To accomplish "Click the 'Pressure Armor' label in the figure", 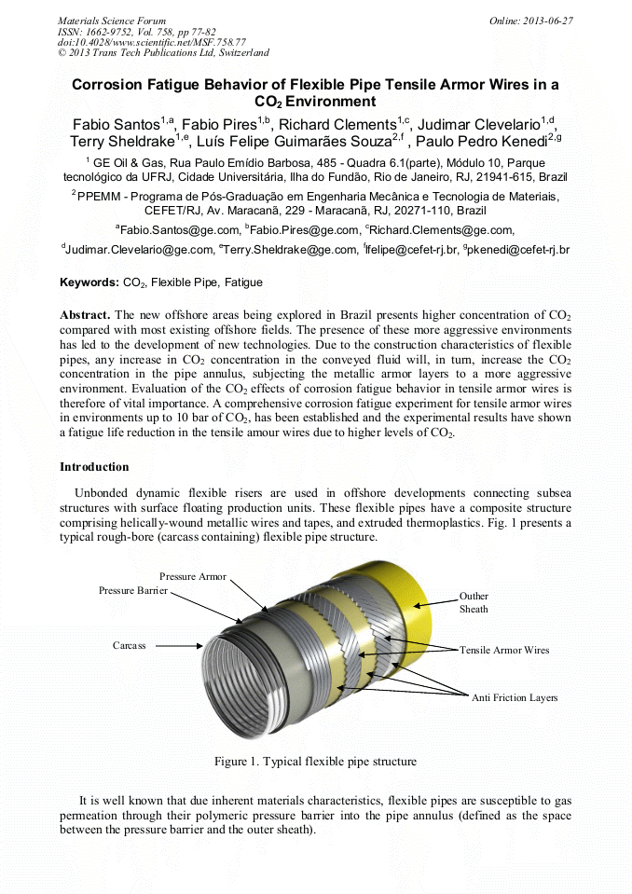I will pos(192,577).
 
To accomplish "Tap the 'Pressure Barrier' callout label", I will pos(132,591).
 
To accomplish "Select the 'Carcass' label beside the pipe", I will pos(129,645).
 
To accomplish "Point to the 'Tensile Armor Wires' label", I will pos(504,650).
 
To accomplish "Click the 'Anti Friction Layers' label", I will pos(515,697).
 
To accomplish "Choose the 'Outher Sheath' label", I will pos(474,602).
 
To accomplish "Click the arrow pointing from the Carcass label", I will pos(182,645).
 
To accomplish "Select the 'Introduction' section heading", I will pos(94,466).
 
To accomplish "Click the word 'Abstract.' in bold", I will pos(86,315).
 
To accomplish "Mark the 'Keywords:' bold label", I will pos(89,282).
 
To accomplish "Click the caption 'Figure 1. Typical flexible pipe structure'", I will pos(315,762).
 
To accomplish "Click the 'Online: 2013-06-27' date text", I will pos(531,21).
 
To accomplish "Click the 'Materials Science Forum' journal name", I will pos(112,21).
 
